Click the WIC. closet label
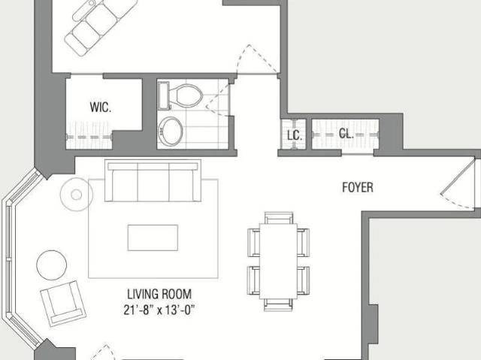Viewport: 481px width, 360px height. coord(101,107)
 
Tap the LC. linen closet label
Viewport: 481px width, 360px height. coord(295,135)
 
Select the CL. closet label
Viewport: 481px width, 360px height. coord(346,134)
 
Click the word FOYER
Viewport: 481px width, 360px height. coord(358,187)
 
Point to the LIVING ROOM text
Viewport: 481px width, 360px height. coord(159,294)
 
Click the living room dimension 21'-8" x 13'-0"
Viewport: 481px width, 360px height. coord(159,310)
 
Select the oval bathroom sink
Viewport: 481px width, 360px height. coord(171,131)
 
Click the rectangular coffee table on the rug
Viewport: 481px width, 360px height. coord(153,237)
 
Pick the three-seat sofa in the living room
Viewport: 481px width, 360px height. coord(153,180)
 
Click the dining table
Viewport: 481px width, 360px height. coord(278,261)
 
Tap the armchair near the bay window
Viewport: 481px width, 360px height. coord(63,304)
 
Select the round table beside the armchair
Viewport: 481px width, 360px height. coord(52,265)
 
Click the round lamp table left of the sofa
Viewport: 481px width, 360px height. coord(77,195)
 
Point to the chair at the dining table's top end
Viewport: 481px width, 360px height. coord(279,218)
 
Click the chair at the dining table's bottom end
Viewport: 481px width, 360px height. coord(278,304)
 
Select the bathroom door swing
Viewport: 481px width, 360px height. coord(217,98)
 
